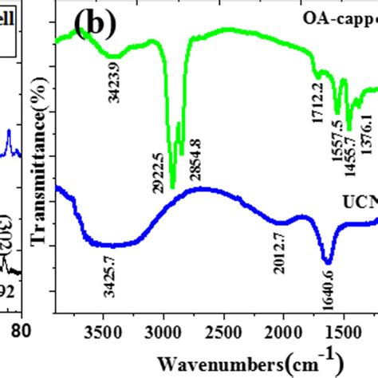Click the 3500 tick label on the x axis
(x=101, y=333)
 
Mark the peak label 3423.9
(x=112, y=82)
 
